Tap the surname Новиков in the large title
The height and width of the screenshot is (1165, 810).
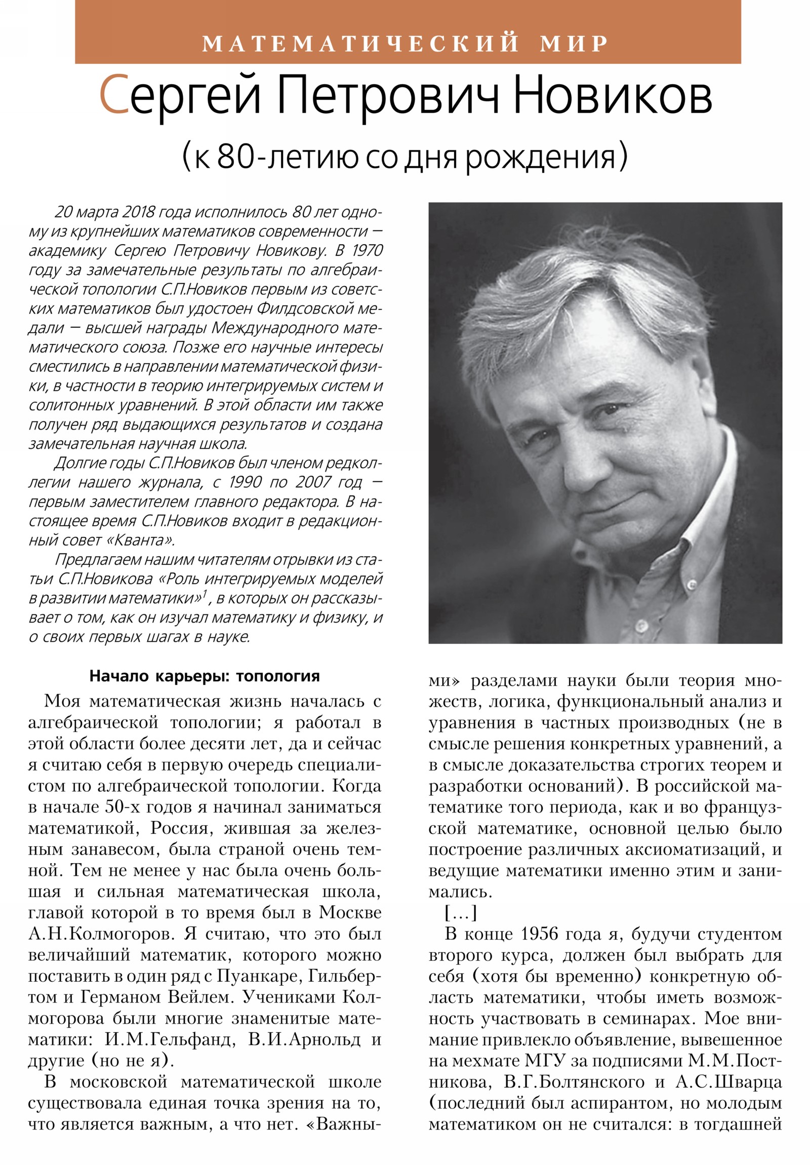point(612,96)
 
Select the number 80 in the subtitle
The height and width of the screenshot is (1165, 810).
point(235,158)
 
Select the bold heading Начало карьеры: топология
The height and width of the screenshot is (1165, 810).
point(205,676)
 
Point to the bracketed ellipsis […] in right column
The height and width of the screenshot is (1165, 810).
point(461,913)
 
